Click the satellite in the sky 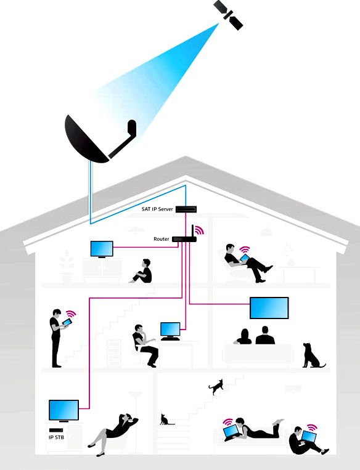click(x=228, y=14)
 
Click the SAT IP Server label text click(x=157, y=209)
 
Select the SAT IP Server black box click(x=186, y=209)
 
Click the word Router click(x=161, y=239)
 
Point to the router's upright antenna click(x=193, y=231)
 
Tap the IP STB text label click(x=56, y=437)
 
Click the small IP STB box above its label click(x=56, y=430)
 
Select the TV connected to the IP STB click(x=63, y=411)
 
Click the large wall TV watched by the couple click(x=269, y=308)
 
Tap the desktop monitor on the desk click(x=170, y=331)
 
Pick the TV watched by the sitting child click(x=102, y=249)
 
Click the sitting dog click(x=312, y=356)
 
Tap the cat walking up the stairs click(x=216, y=387)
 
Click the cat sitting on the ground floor click(x=166, y=419)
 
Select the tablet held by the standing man click(x=67, y=323)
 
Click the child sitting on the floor click(x=142, y=271)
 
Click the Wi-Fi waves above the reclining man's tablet click(x=245, y=249)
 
